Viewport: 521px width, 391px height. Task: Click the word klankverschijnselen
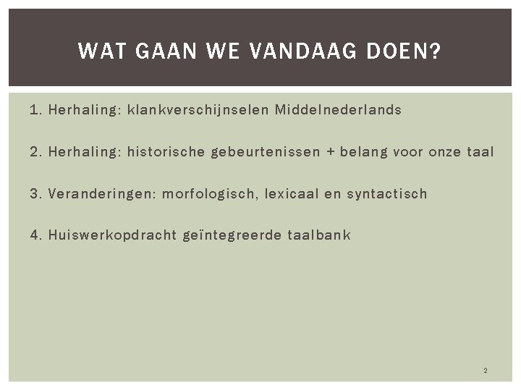coord(200,111)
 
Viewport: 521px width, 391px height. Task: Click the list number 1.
coord(34,110)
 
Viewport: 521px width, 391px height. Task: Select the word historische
coord(165,152)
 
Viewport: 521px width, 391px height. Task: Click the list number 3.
coord(34,193)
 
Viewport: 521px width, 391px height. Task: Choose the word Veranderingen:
coord(101,194)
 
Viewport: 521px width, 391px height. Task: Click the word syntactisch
coord(387,193)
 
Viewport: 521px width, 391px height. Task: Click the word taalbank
coord(319,235)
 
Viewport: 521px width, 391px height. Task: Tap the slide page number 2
coord(485,371)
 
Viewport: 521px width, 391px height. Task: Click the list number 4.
coord(34,235)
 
